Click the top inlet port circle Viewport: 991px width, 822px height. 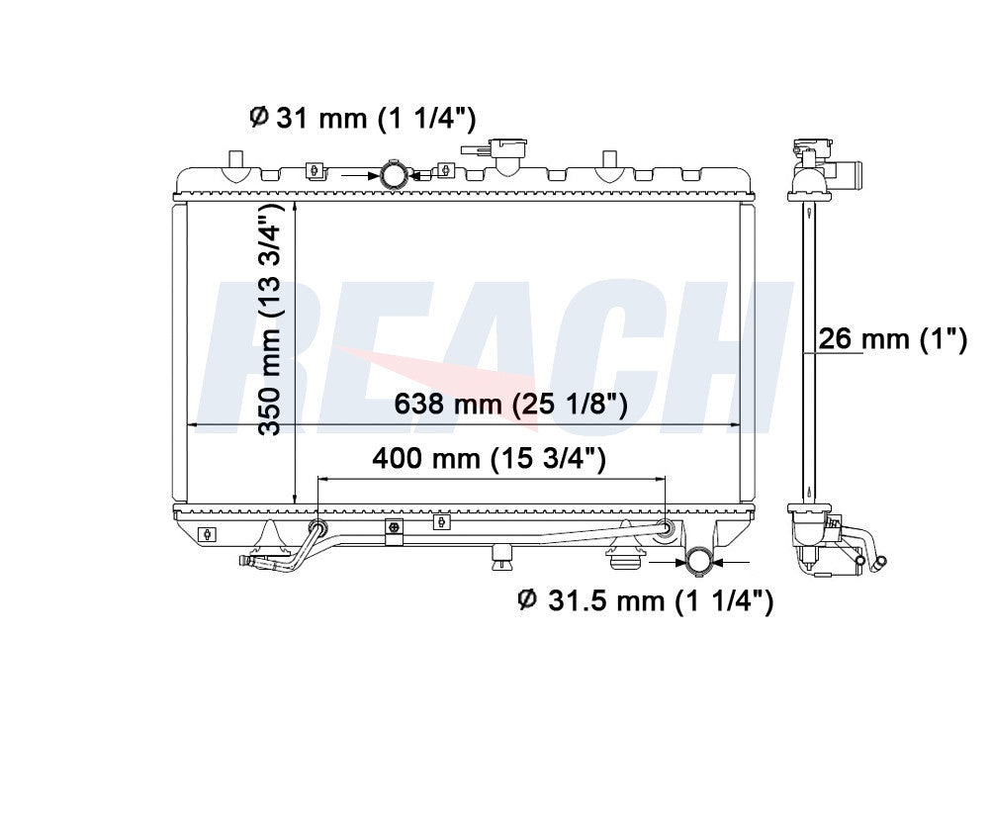click(394, 175)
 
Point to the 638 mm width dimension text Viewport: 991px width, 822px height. click(510, 404)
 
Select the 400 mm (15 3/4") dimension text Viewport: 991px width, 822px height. click(489, 458)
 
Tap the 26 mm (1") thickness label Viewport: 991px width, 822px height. click(891, 340)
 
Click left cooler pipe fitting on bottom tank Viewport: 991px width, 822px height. click(317, 526)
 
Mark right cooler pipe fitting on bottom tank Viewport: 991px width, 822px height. click(666, 528)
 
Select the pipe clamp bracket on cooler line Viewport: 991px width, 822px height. click(394, 532)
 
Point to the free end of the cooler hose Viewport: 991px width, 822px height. click(247, 563)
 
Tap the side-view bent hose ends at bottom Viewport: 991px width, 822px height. click(874, 562)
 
